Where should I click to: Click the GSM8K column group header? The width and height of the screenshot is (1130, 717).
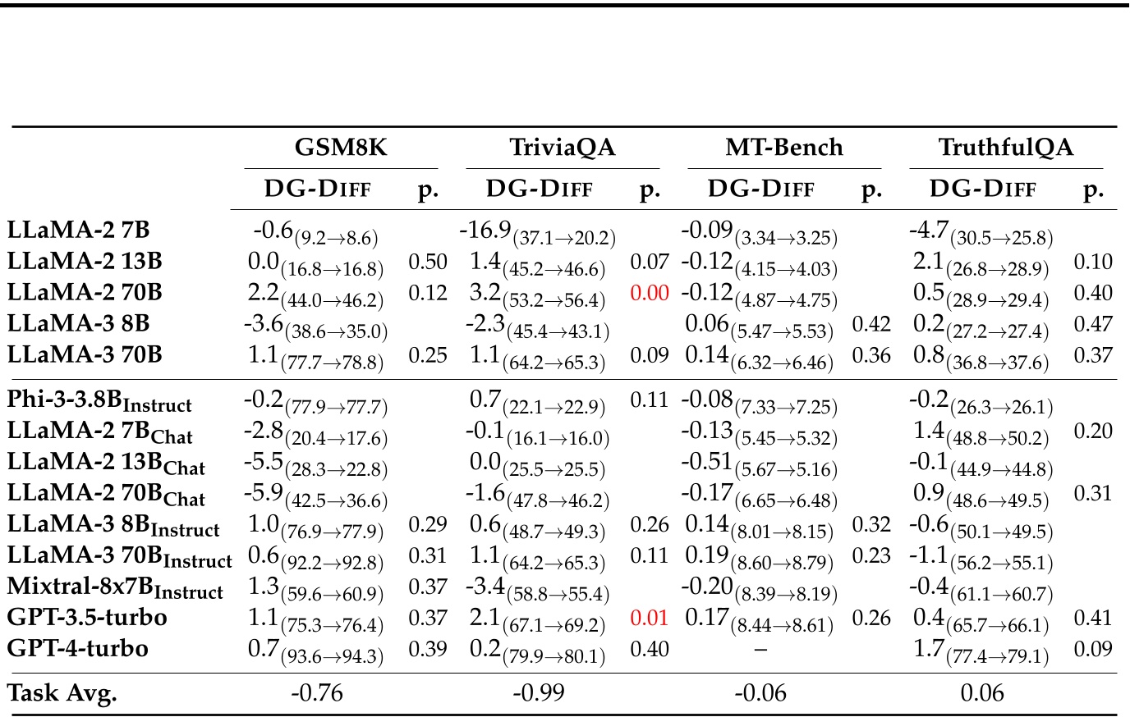pos(341,148)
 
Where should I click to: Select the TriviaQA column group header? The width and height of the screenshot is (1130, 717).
pos(563,148)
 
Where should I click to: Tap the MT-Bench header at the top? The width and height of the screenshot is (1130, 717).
pos(784,148)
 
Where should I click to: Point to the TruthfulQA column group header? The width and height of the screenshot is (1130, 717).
pos(1006,148)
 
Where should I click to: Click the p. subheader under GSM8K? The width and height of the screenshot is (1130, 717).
pos(428,190)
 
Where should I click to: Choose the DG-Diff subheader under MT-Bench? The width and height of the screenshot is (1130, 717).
pos(761,189)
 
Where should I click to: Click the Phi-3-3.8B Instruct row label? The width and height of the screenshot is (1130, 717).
pos(99,402)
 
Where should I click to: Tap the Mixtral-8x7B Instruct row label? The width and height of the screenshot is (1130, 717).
pos(115,588)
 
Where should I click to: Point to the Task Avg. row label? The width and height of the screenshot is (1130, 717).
pos(62,694)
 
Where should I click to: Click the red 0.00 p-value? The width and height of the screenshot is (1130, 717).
pos(650,294)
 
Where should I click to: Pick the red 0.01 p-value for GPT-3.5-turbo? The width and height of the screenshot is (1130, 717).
pos(650,618)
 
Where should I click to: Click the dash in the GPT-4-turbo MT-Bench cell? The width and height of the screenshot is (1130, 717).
pos(760,650)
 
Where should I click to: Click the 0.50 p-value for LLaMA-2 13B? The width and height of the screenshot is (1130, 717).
pos(428,263)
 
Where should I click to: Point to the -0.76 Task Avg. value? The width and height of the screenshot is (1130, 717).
pos(317,694)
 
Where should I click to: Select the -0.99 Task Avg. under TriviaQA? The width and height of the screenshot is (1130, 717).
pos(539,694)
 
